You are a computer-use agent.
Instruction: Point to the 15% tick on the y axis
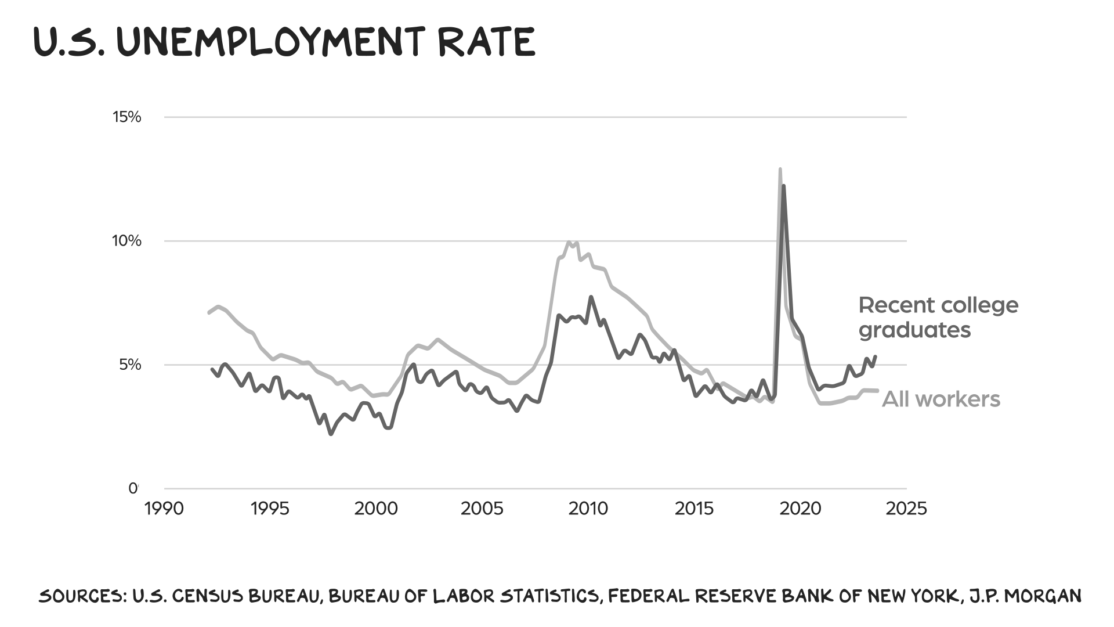click(x=127, y=117)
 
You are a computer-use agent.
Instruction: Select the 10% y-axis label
click(x=126, y=241)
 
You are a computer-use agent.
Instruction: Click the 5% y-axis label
click(x=130, y=365)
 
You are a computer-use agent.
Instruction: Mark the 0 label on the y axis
click(x=133, y=488)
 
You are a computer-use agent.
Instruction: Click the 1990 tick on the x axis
click(x=164, y=509)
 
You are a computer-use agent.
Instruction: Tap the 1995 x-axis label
click(x=270, y=509)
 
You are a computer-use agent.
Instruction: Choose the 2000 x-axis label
click(x=376, y=509)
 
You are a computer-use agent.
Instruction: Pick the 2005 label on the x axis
click(x=482, y=509)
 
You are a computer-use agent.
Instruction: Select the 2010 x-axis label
click(x=588, y=509)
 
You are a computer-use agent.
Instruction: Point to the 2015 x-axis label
click(x=694, y=509)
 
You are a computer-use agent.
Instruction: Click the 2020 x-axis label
click(x=800, y=509)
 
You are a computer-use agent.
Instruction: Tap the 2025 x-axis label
click(x=906, y=509)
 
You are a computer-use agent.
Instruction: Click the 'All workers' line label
click(x=941, y=399)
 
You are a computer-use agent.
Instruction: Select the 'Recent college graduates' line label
click(x=938, y=318)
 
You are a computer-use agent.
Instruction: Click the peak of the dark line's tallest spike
click(x=783, y=186)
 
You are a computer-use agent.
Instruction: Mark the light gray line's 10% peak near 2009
click(x=570, y=242)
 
